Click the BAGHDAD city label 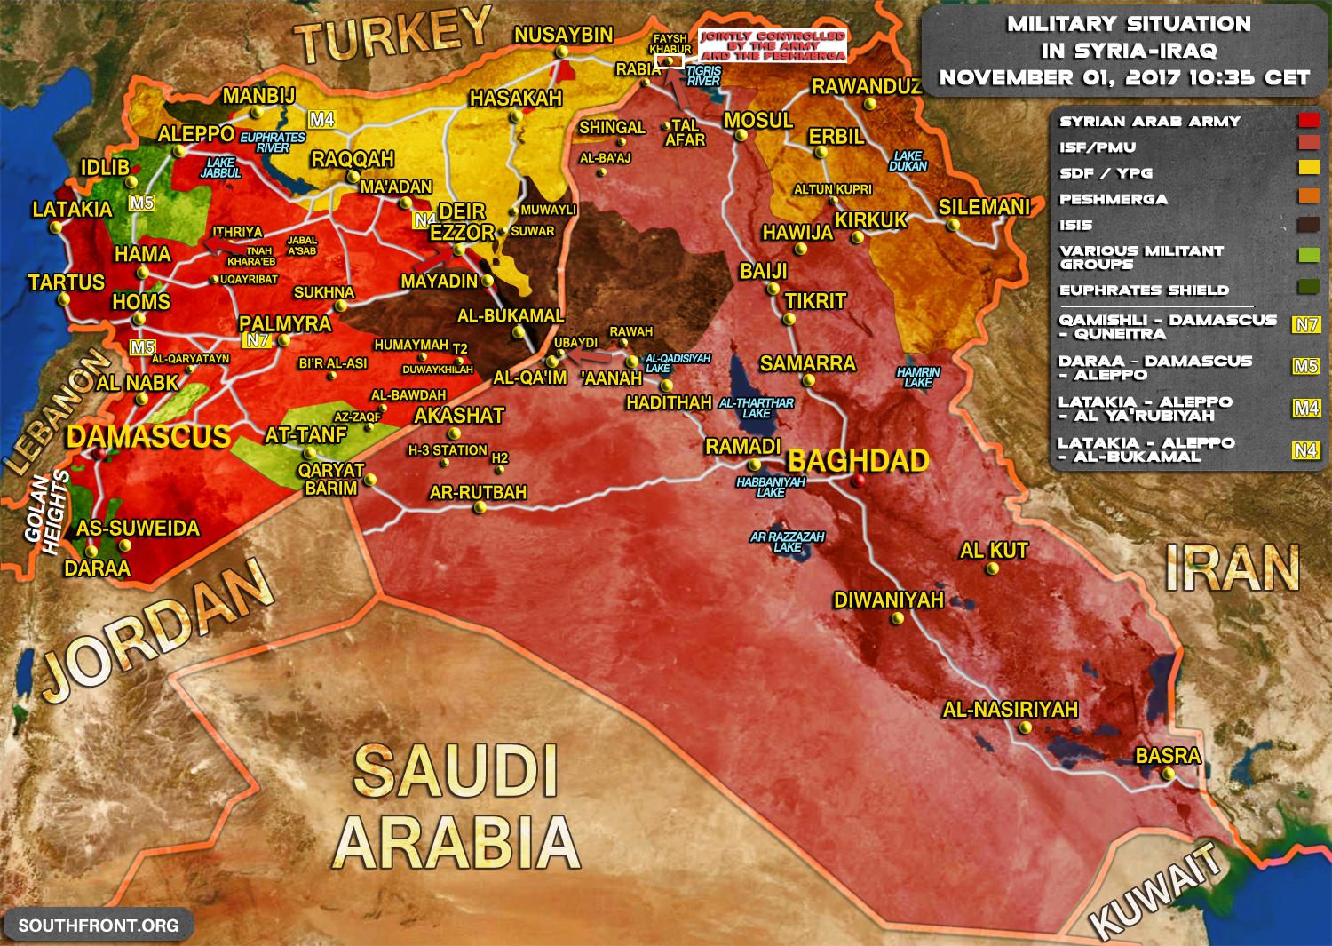[858, 461]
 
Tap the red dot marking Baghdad [858, 481]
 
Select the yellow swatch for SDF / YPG [1308, 167]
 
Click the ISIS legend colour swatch [1308, 224]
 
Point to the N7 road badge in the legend [1305, 325]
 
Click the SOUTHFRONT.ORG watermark [99, 926]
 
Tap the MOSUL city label [758, 121]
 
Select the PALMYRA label [285, 323]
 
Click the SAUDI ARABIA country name [456, 807]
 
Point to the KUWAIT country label [1155, 890]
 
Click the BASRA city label [1168, 756]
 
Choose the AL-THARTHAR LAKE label [756, 408]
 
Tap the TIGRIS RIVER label [703, 76]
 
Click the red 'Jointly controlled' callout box [773, 45]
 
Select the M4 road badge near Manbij [321, 119]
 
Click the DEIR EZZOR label [462, 222]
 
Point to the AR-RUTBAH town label [478, 492]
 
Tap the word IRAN [1232, 568]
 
